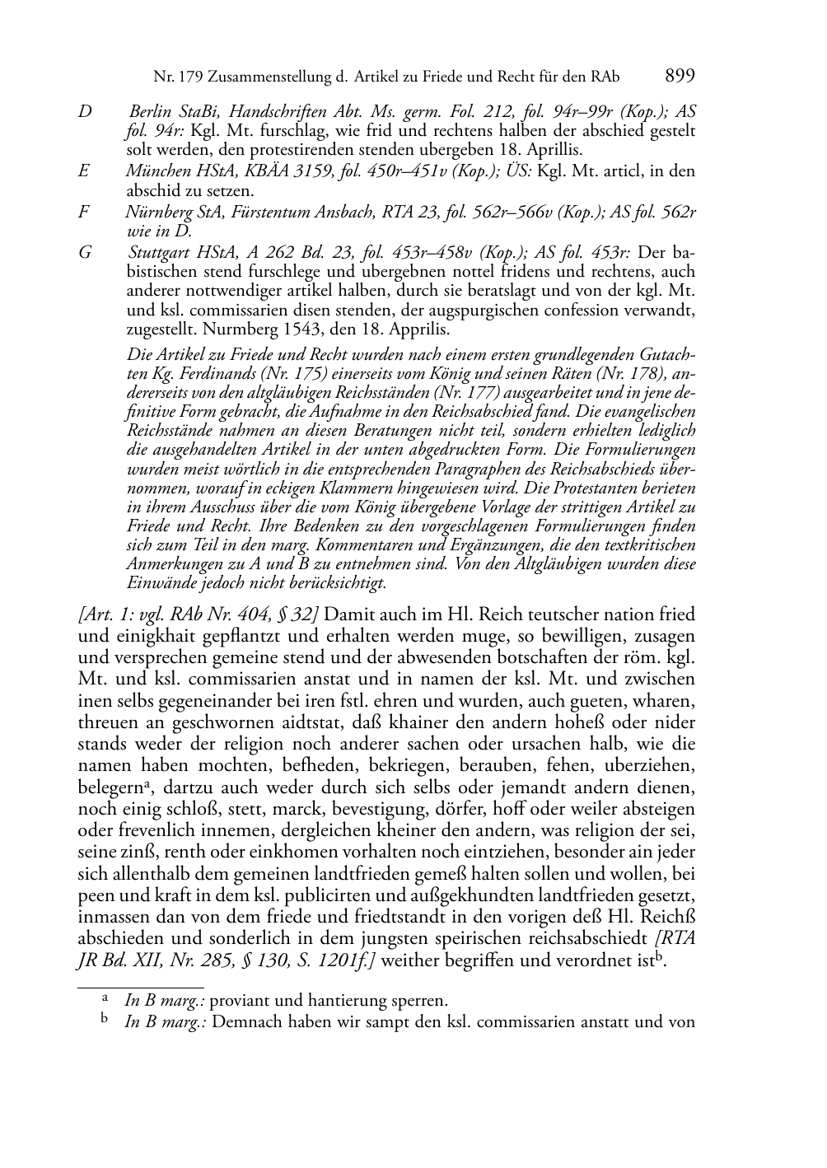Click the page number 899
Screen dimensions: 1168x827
[680, 77]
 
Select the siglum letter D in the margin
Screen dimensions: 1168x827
[84, 112]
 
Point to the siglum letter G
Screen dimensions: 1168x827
[85, 253]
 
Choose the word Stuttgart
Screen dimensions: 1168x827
[160, 253]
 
